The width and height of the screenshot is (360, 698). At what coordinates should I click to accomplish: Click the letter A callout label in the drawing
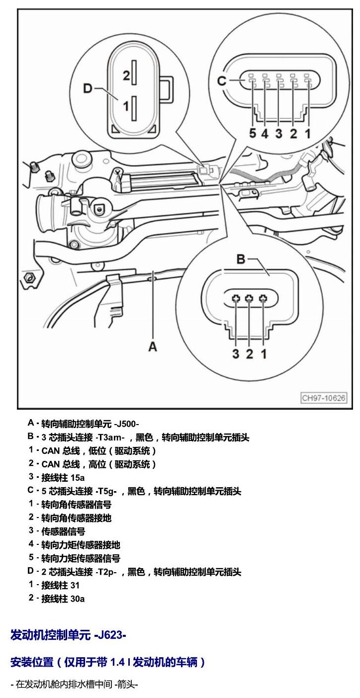pos(152,346)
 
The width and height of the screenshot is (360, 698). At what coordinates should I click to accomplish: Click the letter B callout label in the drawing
pos(241,259)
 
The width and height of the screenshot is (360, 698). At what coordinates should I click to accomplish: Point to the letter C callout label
pos(222,81)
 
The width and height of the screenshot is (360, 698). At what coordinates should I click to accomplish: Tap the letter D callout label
pos(88,88)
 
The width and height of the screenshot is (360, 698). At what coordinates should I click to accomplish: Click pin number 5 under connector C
pos(253,133)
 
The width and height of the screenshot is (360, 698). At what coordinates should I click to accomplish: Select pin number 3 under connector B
pos(236,353)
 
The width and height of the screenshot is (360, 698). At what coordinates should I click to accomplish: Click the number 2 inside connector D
pos(126,76)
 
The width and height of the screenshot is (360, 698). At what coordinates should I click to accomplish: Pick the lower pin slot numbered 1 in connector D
pos(134,108)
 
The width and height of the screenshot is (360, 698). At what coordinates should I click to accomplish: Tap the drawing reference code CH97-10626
pos(324,398)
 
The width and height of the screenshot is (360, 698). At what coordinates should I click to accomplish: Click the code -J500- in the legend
pos(126,424)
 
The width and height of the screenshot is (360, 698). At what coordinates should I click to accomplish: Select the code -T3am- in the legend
pos(109,437)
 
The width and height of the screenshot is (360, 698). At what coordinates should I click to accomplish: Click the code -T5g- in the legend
pos(105,491)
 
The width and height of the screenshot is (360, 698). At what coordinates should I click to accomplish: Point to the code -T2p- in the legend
pos(105,572)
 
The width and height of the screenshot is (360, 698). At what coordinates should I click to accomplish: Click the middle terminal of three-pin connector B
pos(249,299)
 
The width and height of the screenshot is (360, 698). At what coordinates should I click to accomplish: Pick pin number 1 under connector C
pos(308,133)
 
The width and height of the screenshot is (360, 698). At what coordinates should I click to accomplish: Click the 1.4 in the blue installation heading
pos(118,662)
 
